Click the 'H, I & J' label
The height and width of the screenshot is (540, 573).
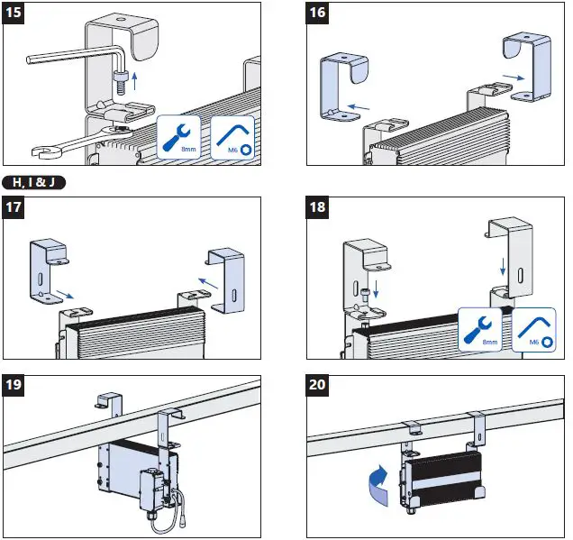33,182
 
